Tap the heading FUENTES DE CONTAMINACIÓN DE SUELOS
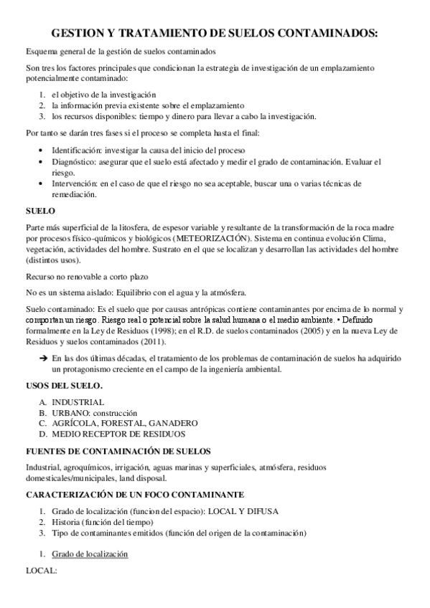pos(118,451)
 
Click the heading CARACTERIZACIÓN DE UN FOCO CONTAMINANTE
pos(134,495)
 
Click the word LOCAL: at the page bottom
pos(40,571)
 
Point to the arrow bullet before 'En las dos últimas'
pos(43,358)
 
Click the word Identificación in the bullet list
pos(75,151)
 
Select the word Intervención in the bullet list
pos(75,184)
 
